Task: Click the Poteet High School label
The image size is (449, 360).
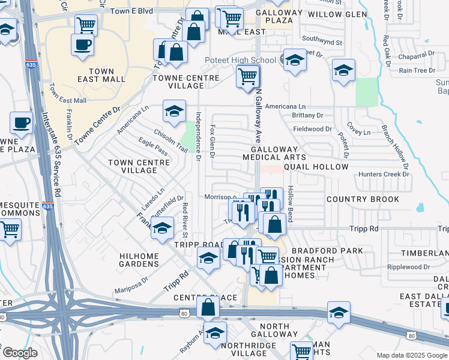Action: pos(240,60)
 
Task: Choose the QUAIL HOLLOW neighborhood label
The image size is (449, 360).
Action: pos(316,167)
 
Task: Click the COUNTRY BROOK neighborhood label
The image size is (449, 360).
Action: pos(358,199)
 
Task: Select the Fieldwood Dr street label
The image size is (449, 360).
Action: pos(312,129)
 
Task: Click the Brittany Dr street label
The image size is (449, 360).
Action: pos(307,115)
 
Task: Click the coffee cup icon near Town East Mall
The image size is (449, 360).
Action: pos(82,44)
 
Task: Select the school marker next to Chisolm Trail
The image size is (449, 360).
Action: pos(174,112)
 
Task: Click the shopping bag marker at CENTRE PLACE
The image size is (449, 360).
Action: pos(207,307)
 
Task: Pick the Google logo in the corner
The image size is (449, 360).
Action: pos(19,353)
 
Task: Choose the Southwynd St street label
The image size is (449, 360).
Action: pos(322,43)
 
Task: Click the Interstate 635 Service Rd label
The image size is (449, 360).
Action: pos(50,156)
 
